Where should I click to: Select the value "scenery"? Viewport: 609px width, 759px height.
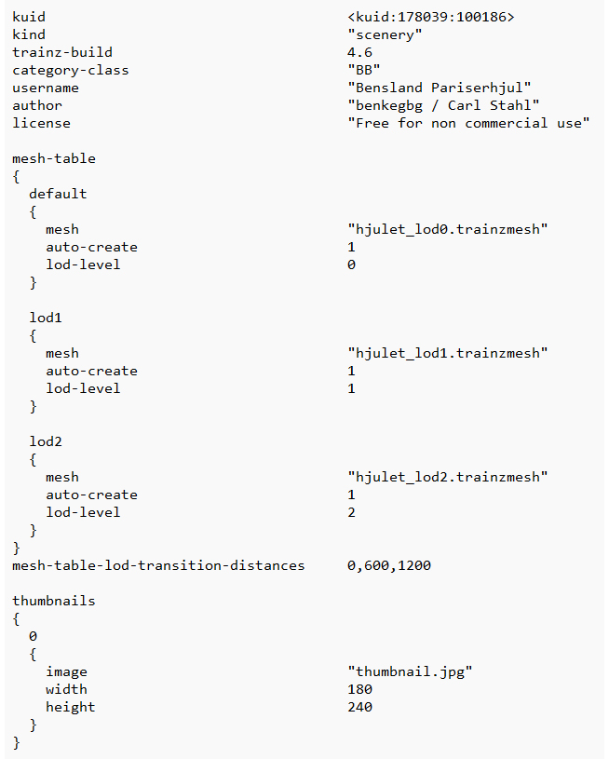point(385,34)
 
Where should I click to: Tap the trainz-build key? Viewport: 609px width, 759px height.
point(62,52)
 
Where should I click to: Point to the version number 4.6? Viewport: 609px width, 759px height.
point(359,52)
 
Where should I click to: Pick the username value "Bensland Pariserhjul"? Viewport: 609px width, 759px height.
point(439,88)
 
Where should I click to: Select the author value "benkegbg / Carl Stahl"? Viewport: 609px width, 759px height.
point(443,105)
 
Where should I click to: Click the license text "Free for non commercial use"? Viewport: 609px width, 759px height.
point(468,123)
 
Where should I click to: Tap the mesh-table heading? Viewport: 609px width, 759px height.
point(54,158)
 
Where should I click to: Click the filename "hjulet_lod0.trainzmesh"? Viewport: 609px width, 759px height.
point(447,229)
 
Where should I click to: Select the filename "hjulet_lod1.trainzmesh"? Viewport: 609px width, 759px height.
point(447,353)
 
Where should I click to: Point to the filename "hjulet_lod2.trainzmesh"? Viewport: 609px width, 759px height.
point(447,477)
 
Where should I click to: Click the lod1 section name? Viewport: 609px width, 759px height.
point(46,318)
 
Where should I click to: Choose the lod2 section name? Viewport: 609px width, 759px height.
point(46,441)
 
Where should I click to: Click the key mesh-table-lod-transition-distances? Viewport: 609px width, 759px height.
point(158,565)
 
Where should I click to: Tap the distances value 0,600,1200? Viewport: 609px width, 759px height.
point(388,565)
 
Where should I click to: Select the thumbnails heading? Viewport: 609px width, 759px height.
point(54,601)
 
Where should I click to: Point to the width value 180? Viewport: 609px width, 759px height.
point(359,689)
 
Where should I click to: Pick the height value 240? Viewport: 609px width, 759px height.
point(359,707)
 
